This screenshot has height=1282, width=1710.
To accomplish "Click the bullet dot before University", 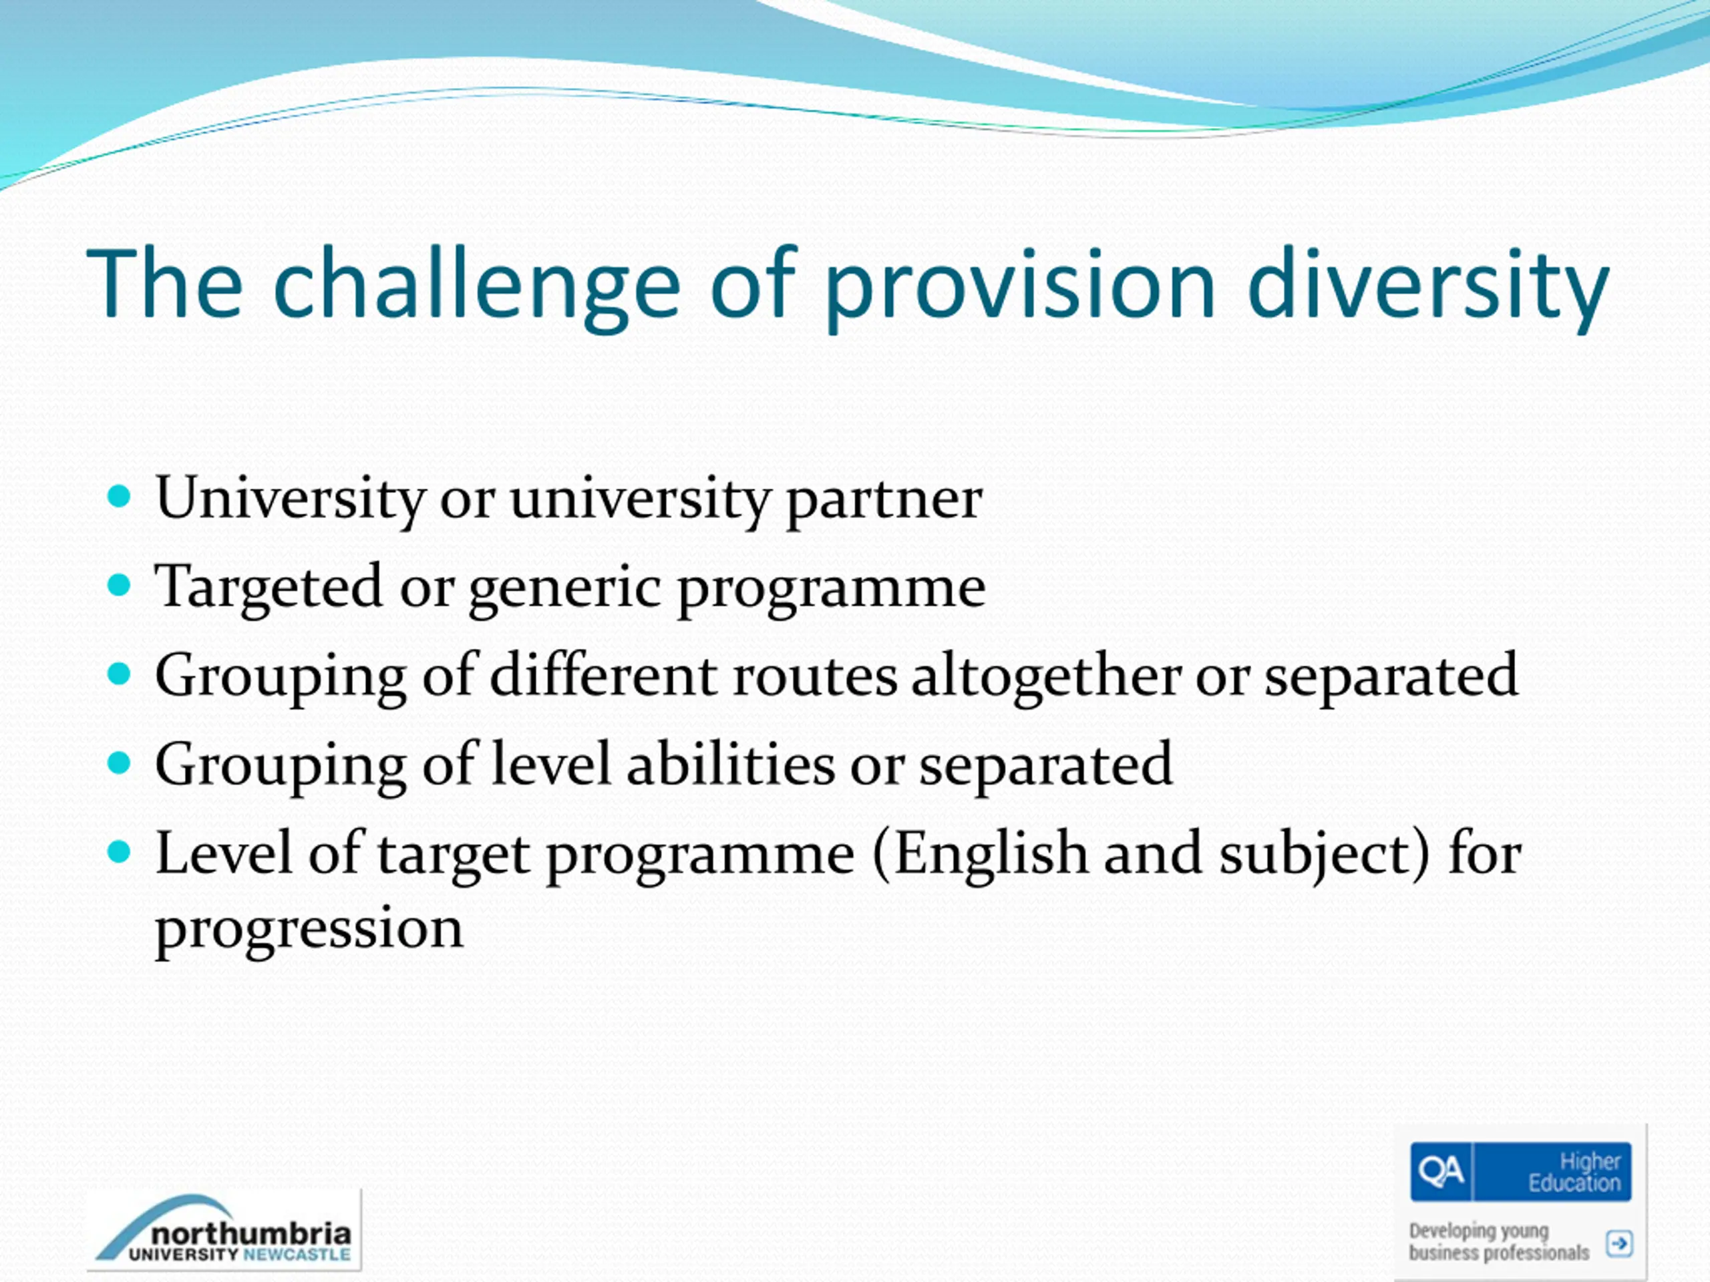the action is pos(119,496).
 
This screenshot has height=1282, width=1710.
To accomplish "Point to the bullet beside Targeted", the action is pos(119,585).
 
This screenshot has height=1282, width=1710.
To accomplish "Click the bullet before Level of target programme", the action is pos(119,853).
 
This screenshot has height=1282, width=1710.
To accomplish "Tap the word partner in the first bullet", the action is pos(884,501).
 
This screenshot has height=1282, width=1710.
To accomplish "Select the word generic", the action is pos(565,590).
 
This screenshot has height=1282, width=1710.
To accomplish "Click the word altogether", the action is pos(1046,676).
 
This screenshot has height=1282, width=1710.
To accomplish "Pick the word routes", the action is pos(815,678).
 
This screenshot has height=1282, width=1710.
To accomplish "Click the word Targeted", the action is pos(269,588).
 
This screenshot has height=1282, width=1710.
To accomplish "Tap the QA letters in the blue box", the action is pos(1441,1172).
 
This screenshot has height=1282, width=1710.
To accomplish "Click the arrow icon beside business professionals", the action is pos(1618,1244).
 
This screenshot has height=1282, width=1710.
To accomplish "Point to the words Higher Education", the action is pos(1574,1172).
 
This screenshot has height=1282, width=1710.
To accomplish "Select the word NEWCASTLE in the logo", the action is pos(297,1254).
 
